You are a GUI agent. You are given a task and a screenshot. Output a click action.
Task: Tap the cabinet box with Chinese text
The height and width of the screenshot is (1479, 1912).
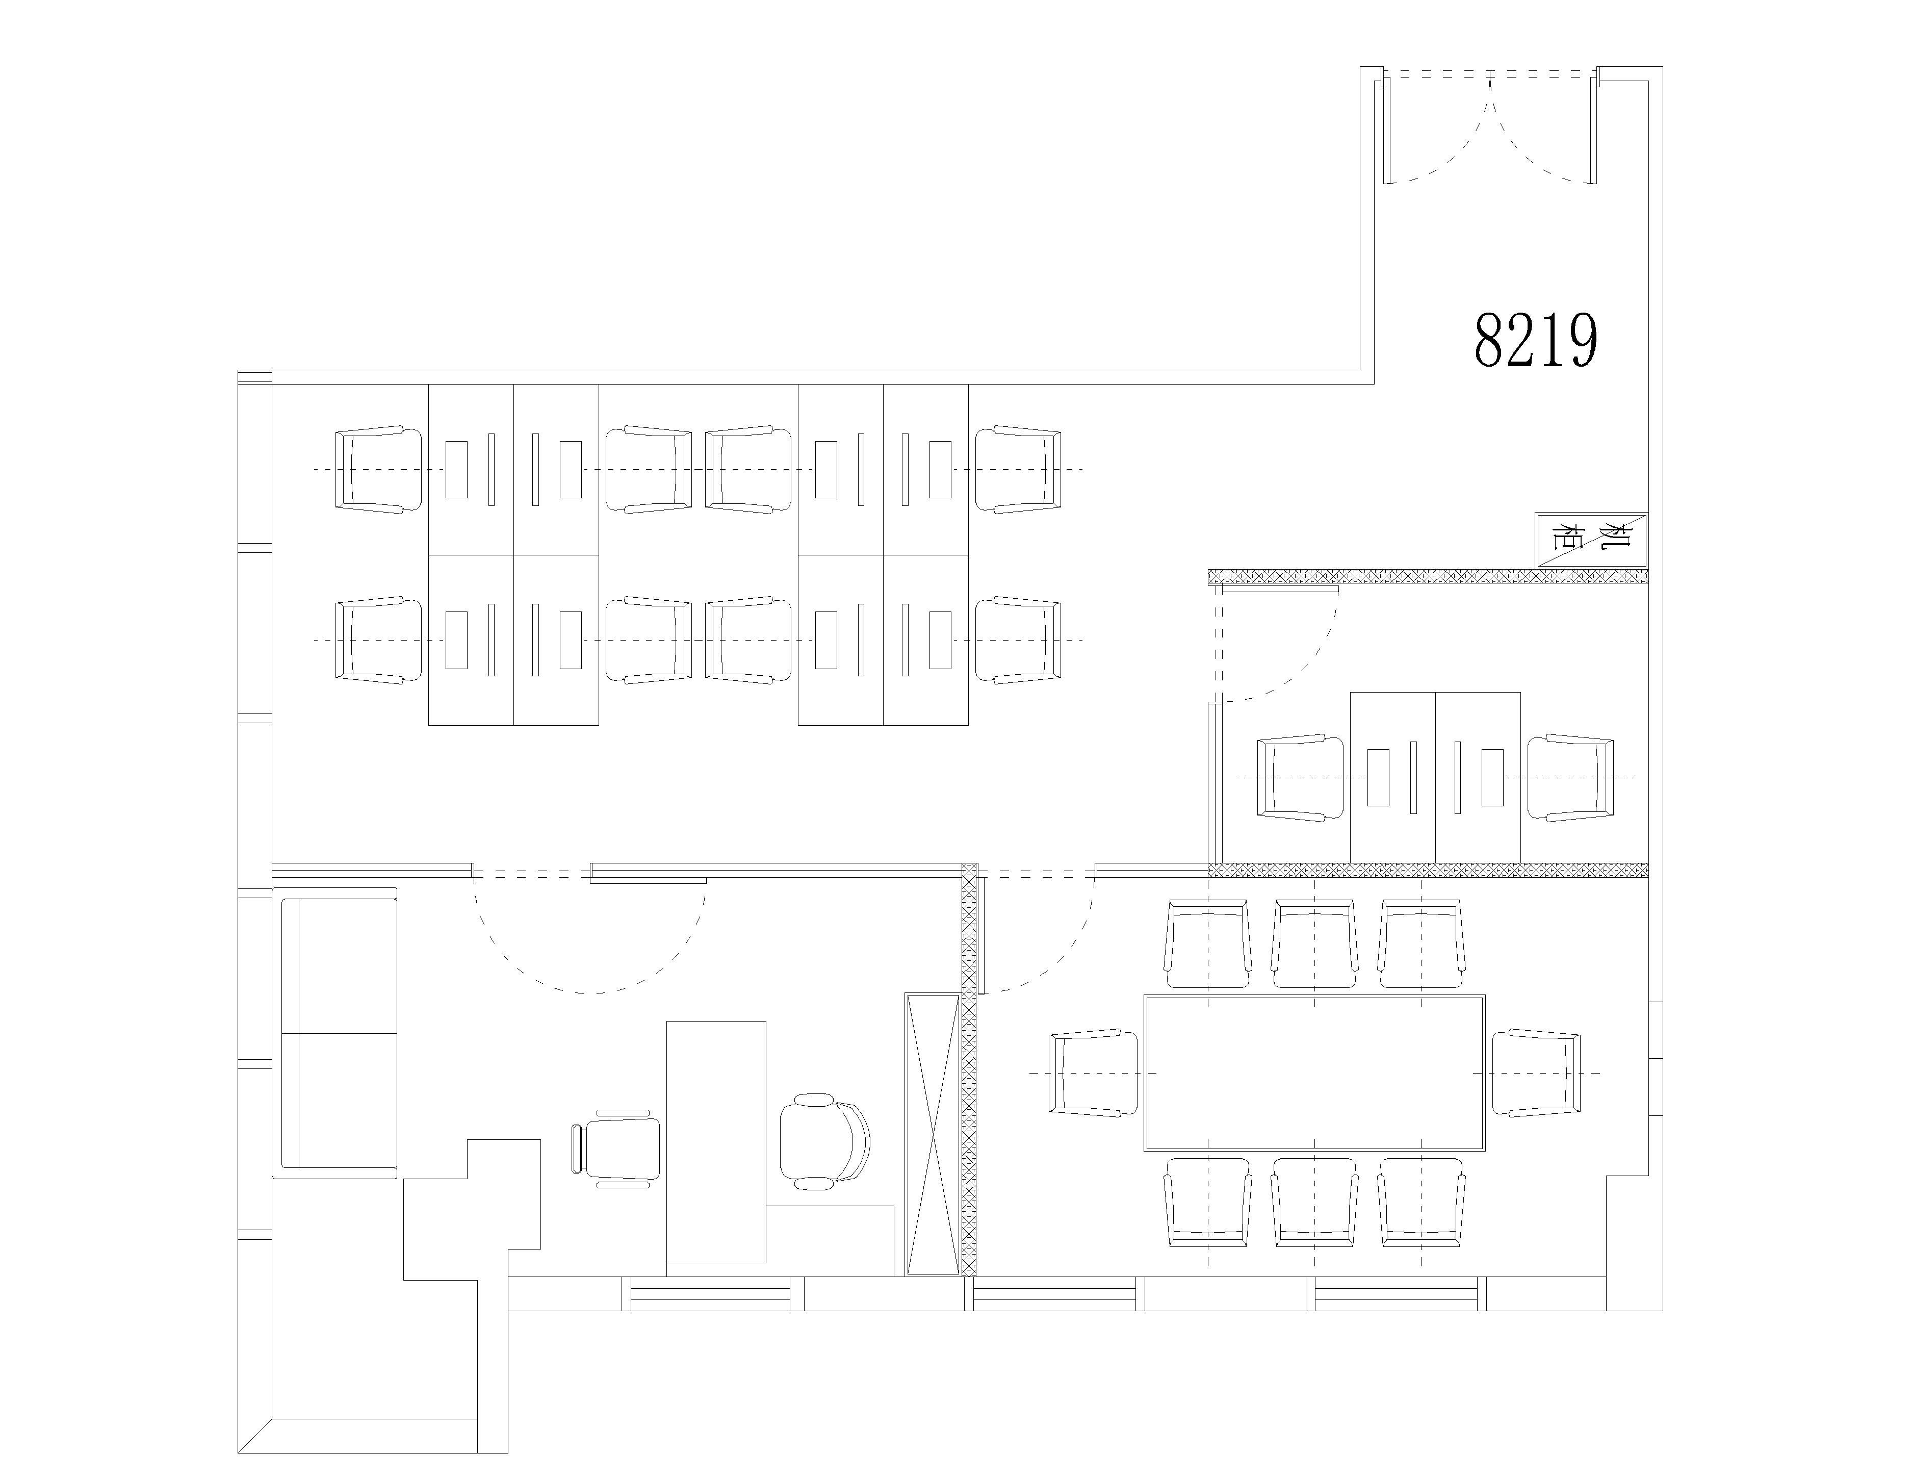(1591, 540)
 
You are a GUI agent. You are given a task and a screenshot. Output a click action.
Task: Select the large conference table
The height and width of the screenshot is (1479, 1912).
(1315, 1073)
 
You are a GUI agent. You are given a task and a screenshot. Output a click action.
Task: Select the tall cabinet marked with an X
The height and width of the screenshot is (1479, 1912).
(933, 1134)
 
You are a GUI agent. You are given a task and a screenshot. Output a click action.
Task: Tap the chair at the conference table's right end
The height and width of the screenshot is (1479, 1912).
(1536, 1073)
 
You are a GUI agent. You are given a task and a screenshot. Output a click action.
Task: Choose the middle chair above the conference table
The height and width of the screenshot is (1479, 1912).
(1315, 944)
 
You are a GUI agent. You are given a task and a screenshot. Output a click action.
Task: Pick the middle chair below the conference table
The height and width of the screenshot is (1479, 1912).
(1315, 1202)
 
